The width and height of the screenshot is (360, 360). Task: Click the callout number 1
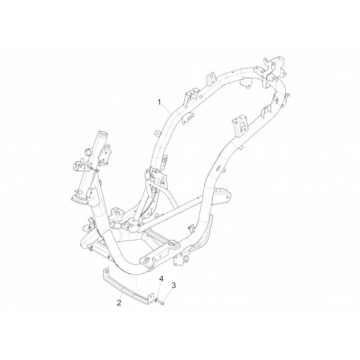(159, 102)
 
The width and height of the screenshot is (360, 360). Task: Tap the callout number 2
(119, 303)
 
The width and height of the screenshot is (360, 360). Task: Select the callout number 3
(174, 285)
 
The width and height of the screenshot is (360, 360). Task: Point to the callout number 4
(161, 279)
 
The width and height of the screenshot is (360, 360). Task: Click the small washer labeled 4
(157, 300)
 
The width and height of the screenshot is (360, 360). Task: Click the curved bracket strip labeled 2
(127, 287)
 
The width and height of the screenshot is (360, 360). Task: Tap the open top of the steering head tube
(102, 133)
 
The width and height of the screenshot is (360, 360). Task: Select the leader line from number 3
(168, 295)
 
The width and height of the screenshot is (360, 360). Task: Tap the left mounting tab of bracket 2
(106, 272)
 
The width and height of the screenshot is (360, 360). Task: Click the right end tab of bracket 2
(150, 298)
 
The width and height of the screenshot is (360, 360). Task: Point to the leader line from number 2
(122, 296)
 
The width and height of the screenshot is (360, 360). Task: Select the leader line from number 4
(159, 290)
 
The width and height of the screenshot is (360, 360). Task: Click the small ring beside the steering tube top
(89, 152)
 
